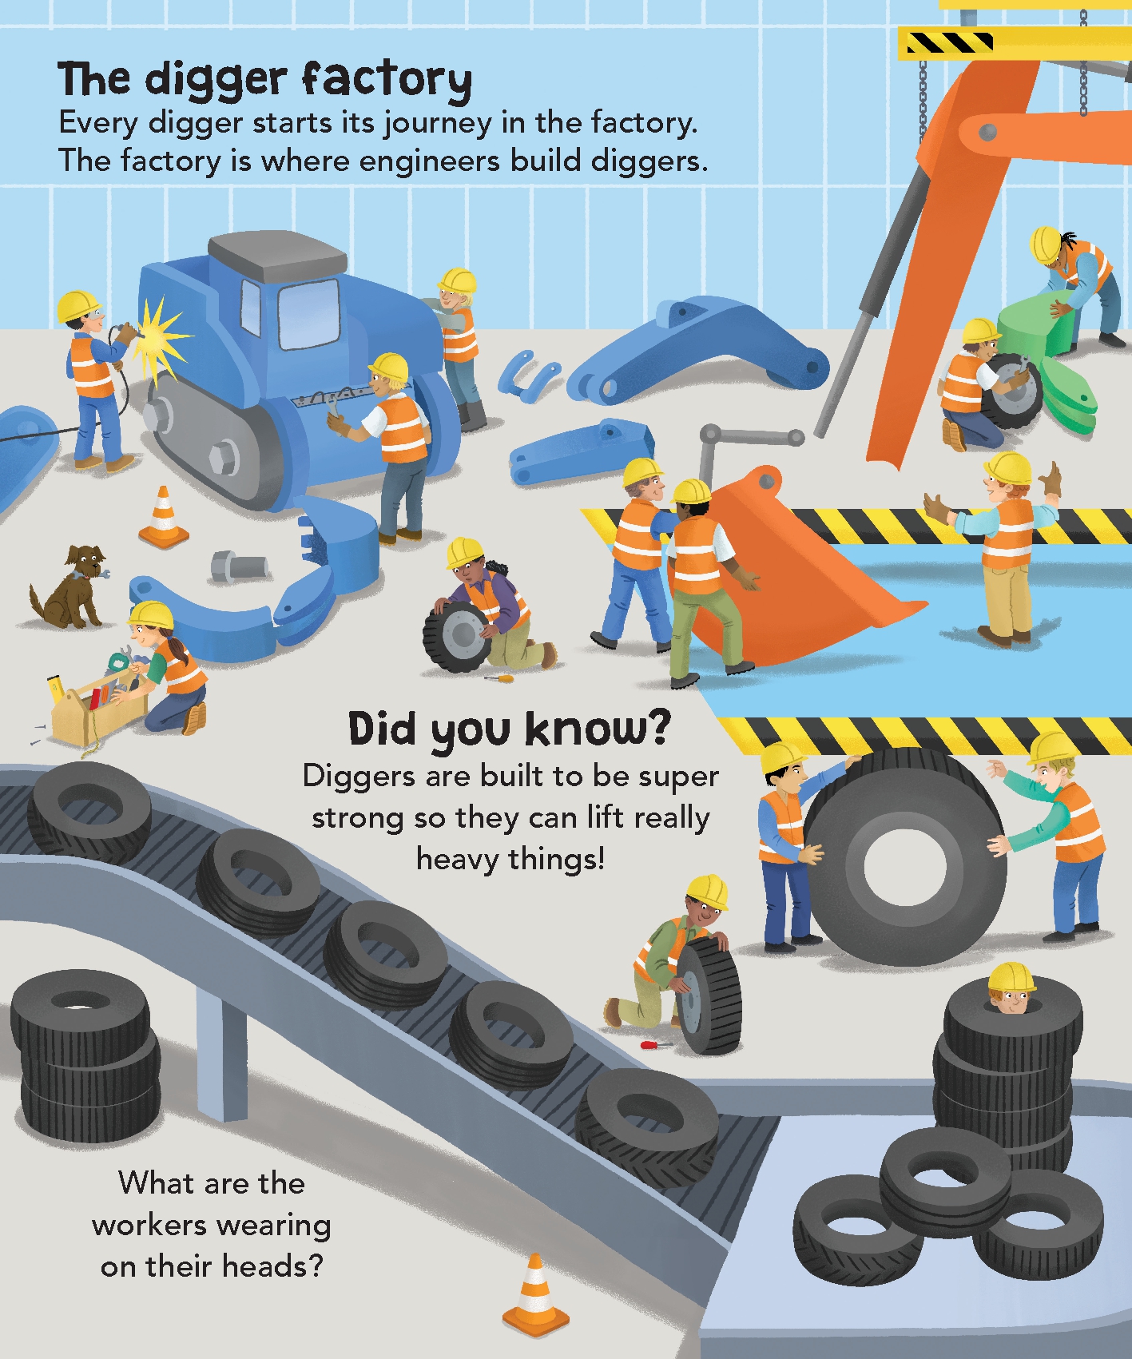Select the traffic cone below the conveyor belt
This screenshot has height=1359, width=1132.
[535, 1295]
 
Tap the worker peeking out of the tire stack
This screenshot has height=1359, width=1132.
[1011, 991]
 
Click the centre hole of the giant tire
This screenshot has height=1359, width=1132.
[904, 868]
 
